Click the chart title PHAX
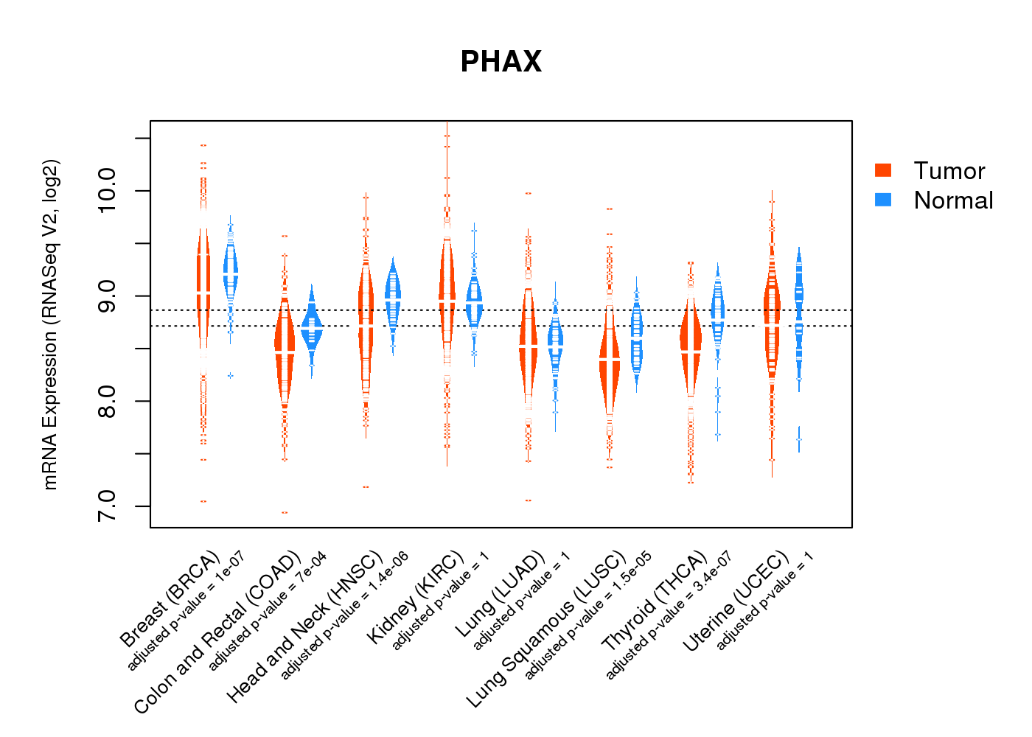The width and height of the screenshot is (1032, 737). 501,62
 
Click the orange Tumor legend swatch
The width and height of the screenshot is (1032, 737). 883,170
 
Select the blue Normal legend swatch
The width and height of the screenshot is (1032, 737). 883,200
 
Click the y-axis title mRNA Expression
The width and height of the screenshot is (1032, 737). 50,324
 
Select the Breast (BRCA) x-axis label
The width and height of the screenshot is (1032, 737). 170,598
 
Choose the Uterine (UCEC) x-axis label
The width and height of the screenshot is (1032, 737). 736,601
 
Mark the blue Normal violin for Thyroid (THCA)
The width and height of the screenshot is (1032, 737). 717,310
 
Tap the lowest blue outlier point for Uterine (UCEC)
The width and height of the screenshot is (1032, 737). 799,440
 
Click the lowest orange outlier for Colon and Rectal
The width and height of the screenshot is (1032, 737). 285,512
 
